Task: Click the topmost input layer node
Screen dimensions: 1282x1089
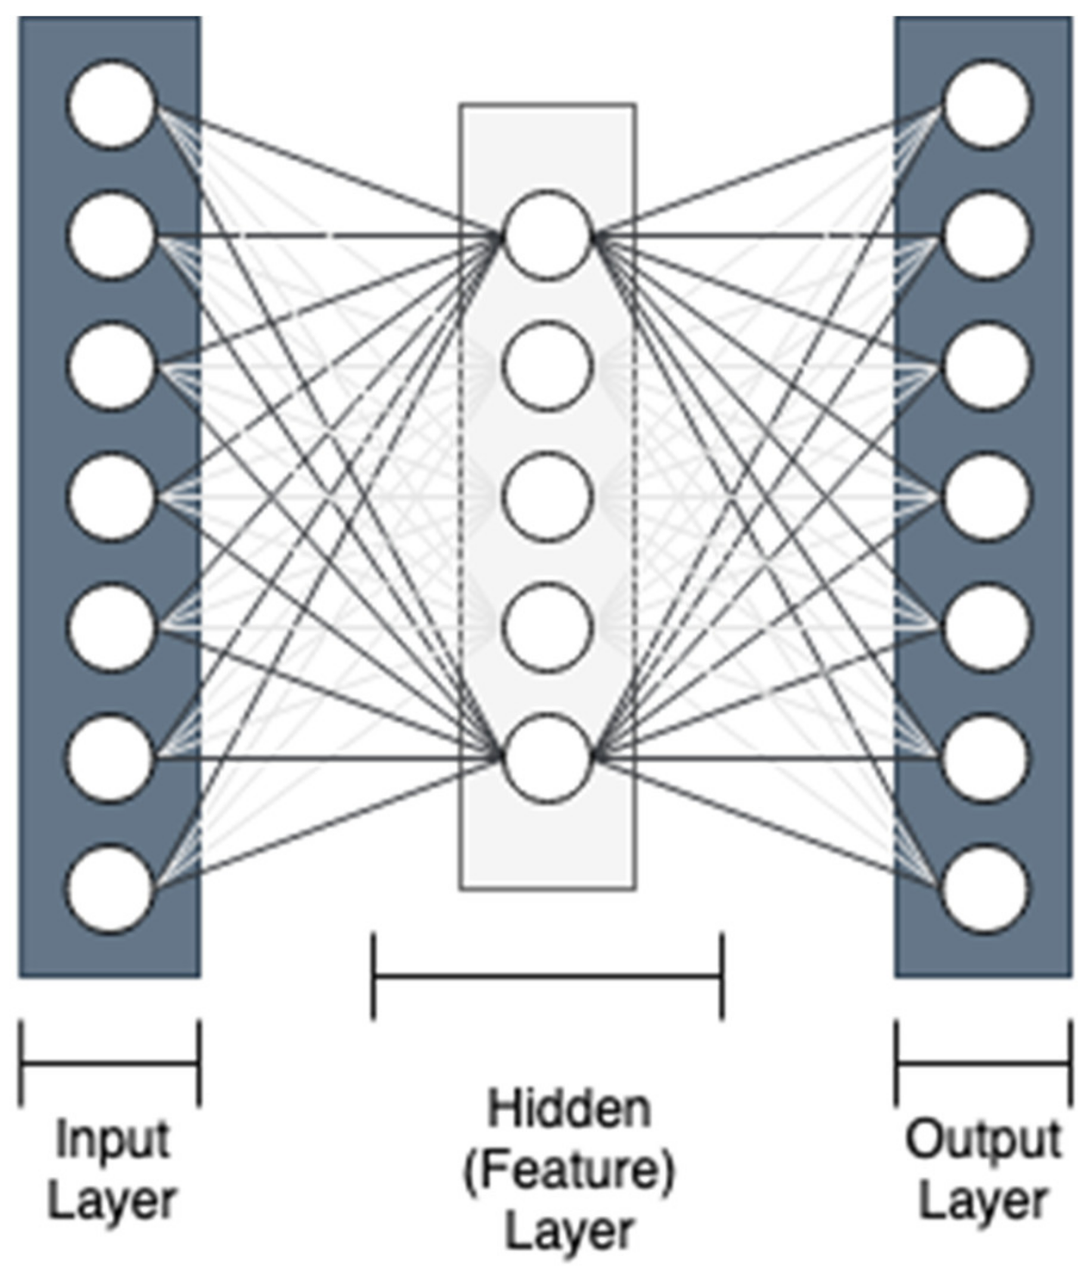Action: click(x=111, y=104)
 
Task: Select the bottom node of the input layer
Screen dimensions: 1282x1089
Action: click(x=110, y=889)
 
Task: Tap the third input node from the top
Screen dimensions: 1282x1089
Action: click(x=111, y=366)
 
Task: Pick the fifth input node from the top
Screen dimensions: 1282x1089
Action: click(x=111, y=628)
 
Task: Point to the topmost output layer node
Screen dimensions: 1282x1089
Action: click(x=986, y=104)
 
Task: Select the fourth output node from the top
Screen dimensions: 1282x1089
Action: click(x=986, y=498)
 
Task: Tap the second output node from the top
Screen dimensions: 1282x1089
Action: click(x=986, y=235)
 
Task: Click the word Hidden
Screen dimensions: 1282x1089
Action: click(x=569, y=1110)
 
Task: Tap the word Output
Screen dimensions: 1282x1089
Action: click(x=983, y=1141)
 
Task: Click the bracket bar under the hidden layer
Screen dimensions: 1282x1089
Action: click(x=547, y=977)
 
